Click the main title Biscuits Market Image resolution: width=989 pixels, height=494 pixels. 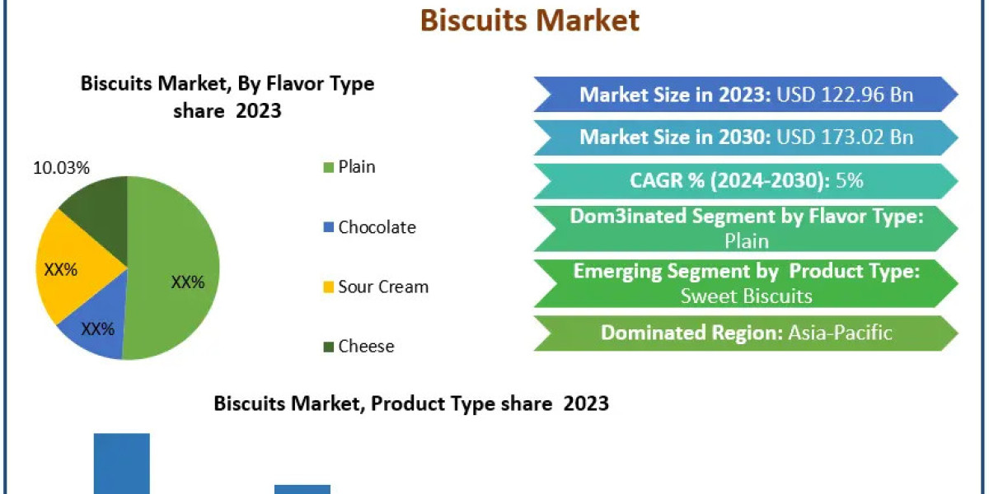point(530,20)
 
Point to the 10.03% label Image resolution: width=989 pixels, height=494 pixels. point(61,168)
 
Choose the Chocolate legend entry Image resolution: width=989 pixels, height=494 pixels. point(376,227)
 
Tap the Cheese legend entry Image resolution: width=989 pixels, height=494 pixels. point(365,347)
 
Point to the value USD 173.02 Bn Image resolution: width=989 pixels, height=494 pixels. point(845,137)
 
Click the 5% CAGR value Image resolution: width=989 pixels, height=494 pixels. point(849,180)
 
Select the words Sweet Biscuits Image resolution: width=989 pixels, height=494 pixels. point(747,296)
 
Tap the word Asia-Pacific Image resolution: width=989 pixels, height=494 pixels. point(841,333)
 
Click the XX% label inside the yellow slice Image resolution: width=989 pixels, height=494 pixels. point(60,269)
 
